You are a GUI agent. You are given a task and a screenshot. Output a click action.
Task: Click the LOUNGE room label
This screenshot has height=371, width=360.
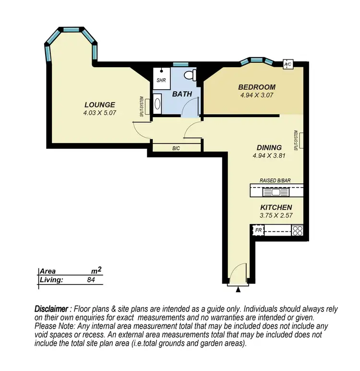tap(99, 105)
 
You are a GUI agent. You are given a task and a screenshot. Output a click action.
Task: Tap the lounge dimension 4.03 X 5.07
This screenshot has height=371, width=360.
tap(100, 113)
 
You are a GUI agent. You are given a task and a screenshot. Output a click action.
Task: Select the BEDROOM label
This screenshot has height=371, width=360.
tap(257, 87)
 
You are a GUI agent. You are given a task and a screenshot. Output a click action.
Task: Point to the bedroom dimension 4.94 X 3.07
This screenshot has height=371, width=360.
tap(257, 95)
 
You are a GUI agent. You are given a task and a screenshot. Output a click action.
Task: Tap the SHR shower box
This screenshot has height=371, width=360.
tap(161, 80)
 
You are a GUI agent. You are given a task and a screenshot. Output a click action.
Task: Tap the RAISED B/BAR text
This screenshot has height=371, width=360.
tap(276, 180)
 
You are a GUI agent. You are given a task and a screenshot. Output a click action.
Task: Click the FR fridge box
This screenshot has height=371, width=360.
tap(258, 230)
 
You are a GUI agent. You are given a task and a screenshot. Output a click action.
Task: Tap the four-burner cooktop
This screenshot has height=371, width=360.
tap(298, 230)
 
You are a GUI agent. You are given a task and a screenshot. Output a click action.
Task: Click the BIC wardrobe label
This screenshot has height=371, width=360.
tap(176, 148)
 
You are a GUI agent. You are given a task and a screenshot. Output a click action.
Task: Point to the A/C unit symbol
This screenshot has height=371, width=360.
tap(288, 64)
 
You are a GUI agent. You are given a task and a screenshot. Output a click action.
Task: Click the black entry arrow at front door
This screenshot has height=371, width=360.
tap(238, 289)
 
